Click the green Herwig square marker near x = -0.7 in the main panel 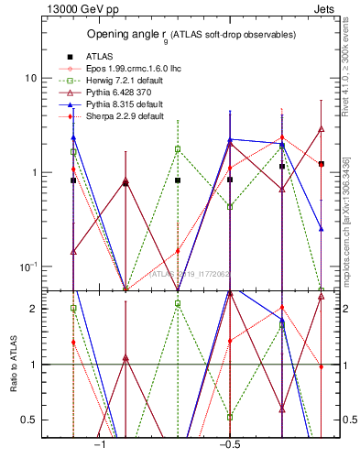click(178, 148)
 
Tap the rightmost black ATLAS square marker click(322, 164)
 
